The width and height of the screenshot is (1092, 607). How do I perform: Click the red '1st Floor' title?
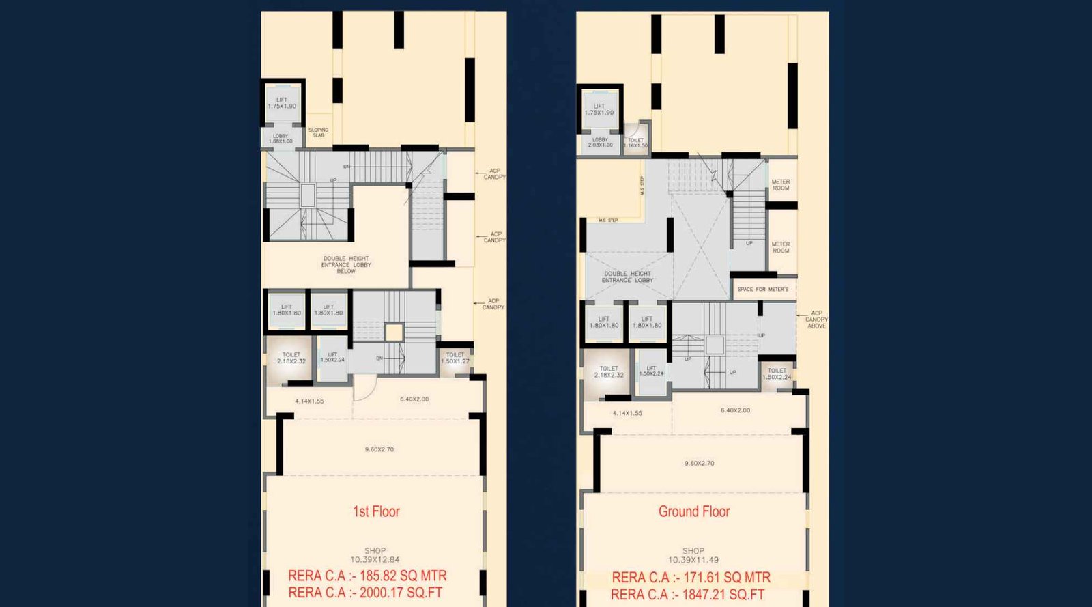point(375,511)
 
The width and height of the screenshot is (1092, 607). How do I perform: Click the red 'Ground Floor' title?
point(693,511)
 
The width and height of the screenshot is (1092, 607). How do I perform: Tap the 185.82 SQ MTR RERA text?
point(367,576)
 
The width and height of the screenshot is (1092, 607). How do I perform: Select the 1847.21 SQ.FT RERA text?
point(687,595)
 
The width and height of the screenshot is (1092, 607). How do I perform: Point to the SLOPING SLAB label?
point(318,132)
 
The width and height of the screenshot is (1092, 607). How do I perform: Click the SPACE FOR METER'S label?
point(762,290)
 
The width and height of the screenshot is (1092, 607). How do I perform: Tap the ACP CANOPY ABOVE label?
point(816,320)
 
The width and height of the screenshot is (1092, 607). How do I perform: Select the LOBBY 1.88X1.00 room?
point(281,139)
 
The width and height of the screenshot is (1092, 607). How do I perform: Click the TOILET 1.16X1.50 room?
point(635,143)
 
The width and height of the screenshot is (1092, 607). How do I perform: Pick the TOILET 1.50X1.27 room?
point(455,358)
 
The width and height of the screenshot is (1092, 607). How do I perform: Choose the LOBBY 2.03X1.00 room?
point(600,143)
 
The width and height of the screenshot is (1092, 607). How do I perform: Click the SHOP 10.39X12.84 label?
point(375,555)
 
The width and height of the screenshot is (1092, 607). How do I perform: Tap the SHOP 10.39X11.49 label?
point(693,555)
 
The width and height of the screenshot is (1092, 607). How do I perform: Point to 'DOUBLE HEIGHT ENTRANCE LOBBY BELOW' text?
point(346,265)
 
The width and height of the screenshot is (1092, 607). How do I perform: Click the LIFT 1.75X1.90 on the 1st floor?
point(282,103)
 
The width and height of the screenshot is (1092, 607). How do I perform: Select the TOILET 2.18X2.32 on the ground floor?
point(609,371)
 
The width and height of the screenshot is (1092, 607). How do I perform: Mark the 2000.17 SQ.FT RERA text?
point(365,593)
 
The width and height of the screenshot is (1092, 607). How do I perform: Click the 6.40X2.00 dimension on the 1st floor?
point(414,399)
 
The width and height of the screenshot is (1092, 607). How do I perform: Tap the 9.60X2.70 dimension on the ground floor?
point(700,464)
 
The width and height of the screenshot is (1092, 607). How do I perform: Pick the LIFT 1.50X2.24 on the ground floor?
point(651,371)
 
